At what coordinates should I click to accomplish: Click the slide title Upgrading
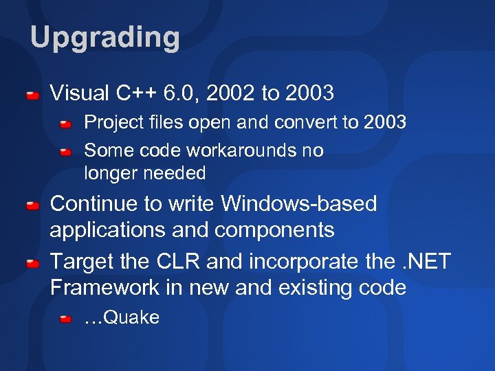pyautogui.click(x=104, y=38)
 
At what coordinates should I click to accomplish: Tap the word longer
pyautogui.click(x=110, y=174)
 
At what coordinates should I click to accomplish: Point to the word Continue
pyautogui.click(x=95, y=204)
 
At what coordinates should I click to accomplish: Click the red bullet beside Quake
pyautogui.click(x=65, y=319)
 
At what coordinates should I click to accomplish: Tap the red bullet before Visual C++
pyautogui.click(x=32, y=93)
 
